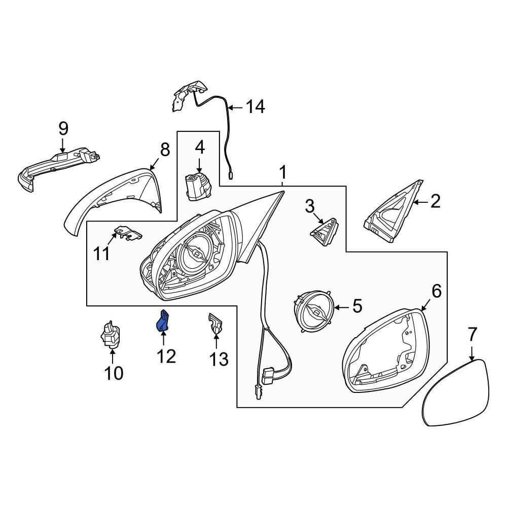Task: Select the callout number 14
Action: tap(255, 107)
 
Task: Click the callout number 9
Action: tap(63, 128)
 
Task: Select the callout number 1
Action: tap(283, 173)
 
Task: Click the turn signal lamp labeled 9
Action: tap(56, 165)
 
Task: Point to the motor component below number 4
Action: tap(198, 186)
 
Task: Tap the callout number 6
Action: tap(436, 291)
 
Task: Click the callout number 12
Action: tap(166, 356)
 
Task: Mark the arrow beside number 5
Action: tap(339, 307)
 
